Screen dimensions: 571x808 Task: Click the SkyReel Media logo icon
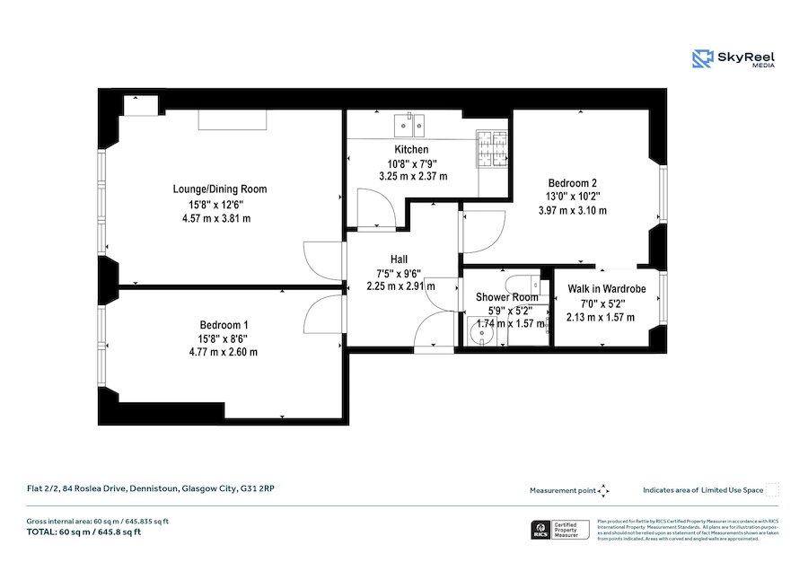tap(702, 59)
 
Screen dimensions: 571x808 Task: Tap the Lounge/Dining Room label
tap(220, 189)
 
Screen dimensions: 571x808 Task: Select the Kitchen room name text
tap(411, 149)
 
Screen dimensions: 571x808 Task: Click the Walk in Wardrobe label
tap(606, 289)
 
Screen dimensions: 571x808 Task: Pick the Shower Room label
tap(507, 297)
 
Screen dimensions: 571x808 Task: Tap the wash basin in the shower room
tap(482, 331)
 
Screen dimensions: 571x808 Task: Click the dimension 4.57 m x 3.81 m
tap(216, 218)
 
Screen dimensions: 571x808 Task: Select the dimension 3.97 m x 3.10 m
tap(572, 210)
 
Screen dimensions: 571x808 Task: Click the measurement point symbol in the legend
tap(603, 490)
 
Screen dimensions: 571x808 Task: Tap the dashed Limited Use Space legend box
tap(771, 490)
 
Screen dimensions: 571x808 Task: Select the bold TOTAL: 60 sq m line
tap(83, 532)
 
